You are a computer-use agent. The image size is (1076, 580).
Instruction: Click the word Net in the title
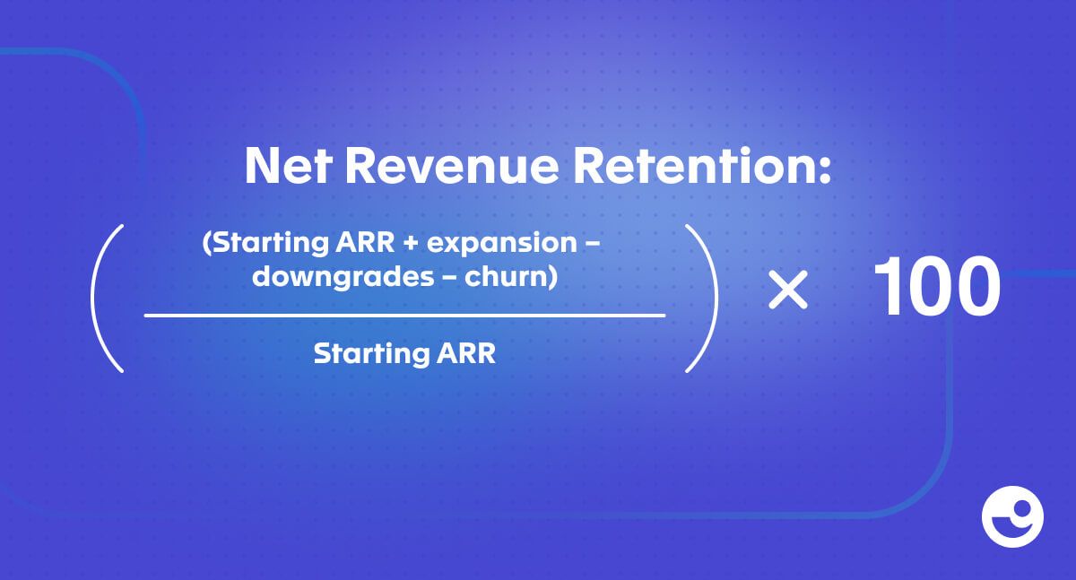(x=288, y=166)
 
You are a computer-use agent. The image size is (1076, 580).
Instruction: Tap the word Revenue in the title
(x=452, y=166)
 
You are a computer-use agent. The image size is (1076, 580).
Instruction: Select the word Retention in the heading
(x=691, y=166)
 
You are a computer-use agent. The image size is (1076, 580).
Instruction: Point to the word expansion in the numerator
(x=501, y=245)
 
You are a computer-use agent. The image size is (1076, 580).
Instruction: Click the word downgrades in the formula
(x=343, y=277)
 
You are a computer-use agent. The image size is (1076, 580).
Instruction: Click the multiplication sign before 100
(x=788, y=289)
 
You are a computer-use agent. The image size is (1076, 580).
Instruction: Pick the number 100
(x=936, y=286)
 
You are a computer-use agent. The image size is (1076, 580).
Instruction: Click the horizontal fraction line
(x=404, y=316)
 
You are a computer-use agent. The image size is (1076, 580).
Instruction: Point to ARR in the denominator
(x=465, y=353)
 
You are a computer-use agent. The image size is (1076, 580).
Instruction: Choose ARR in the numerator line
(x=365, y=242)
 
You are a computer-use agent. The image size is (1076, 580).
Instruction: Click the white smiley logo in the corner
(x=1012, y=516)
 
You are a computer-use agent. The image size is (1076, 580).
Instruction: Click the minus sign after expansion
(x=594, y=245)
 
